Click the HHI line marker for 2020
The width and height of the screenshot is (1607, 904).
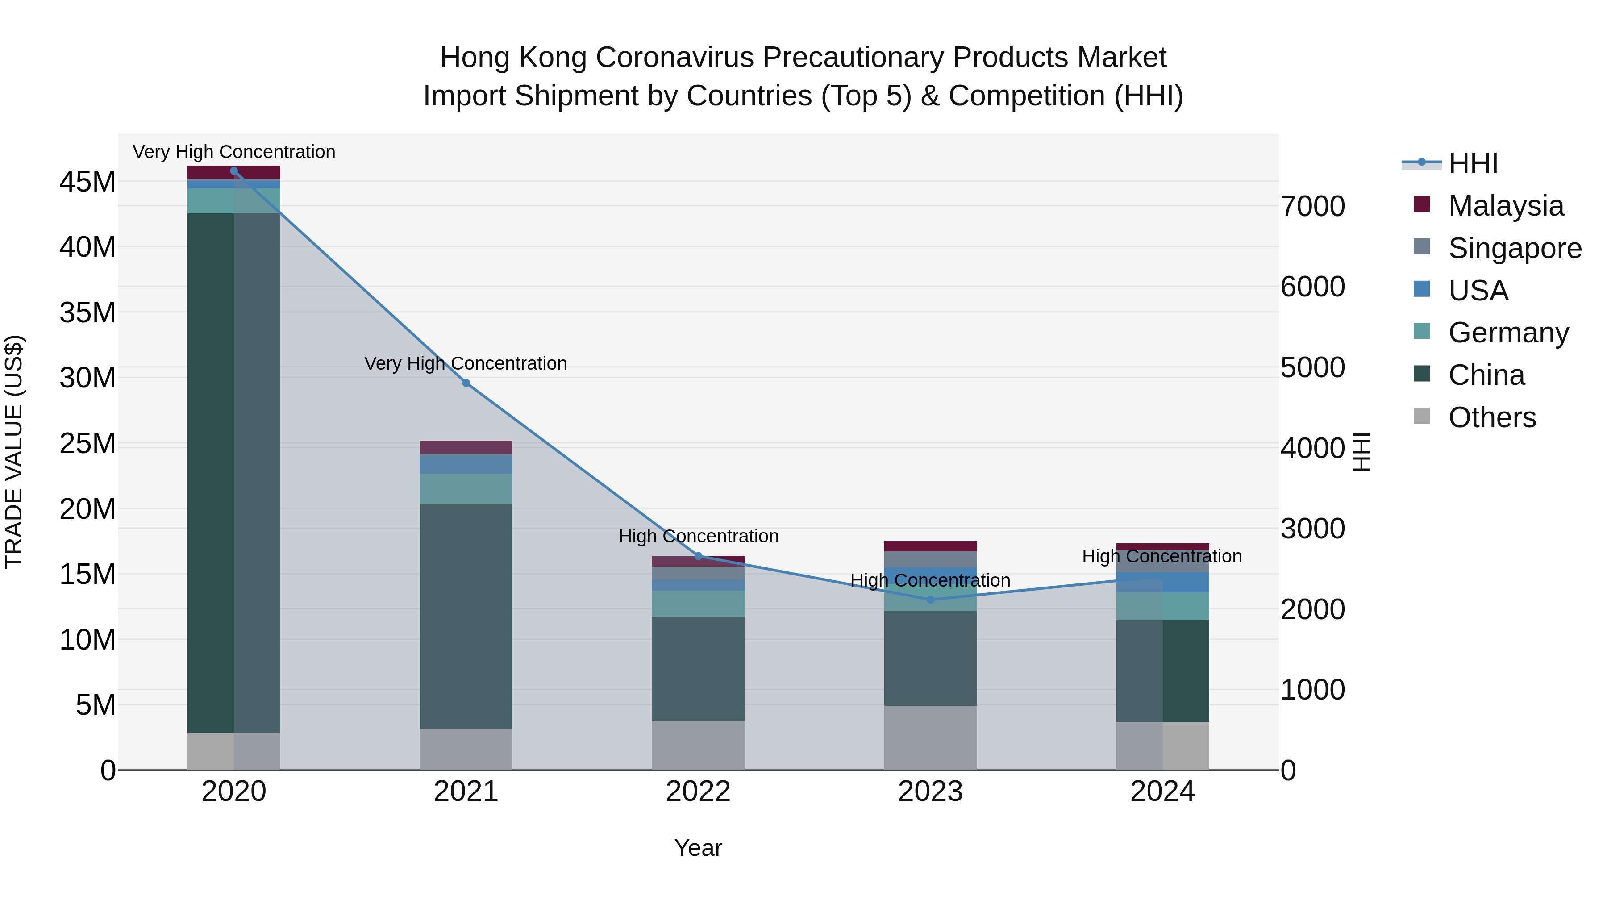point(234,171)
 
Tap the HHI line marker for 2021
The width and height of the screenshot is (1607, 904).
point(466,383)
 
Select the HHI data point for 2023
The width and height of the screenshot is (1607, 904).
point(930,600)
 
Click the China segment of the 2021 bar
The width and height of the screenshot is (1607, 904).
point(466,615)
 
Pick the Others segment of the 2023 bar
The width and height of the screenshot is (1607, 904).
point(930,737)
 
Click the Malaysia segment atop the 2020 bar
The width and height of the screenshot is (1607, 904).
point(234,172)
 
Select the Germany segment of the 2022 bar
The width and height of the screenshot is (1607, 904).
point(698,603)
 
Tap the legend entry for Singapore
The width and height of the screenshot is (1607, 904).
point(1515,248)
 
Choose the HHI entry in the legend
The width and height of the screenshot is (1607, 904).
point(1472,163)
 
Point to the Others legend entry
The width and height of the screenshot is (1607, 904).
point(1491,417)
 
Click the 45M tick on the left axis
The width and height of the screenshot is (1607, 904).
point(87,182)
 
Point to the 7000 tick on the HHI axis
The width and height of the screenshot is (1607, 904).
point(1312,207)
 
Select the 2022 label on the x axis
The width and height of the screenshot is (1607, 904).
point(698,792)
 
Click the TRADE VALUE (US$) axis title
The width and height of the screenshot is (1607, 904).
point(14,452)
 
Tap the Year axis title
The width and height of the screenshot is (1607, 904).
point(698,848)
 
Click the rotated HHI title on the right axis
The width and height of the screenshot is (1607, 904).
point(1362,452)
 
